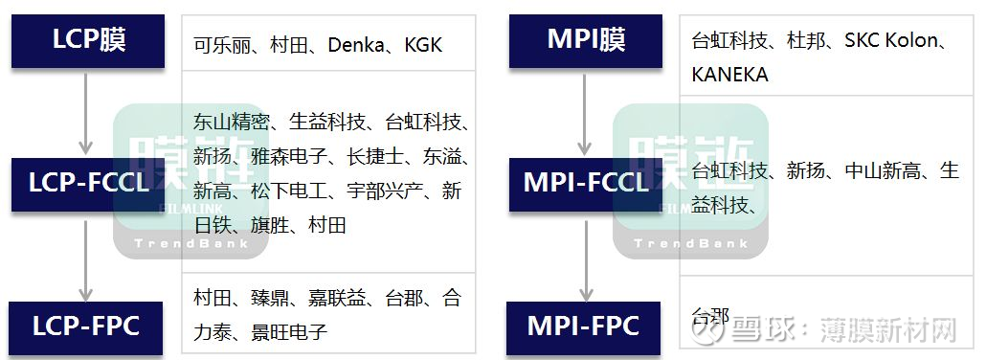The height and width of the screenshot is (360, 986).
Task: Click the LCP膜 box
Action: click(x=89, y=41)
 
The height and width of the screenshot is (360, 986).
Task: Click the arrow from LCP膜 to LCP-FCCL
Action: click(x=86, y=113)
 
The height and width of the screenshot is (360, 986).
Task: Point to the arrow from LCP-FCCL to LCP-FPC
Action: click(x=86, y=257)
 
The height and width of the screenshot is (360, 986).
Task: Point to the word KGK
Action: click(x=423, y=44)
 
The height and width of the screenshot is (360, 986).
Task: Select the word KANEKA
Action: click(x=729, y=74)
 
